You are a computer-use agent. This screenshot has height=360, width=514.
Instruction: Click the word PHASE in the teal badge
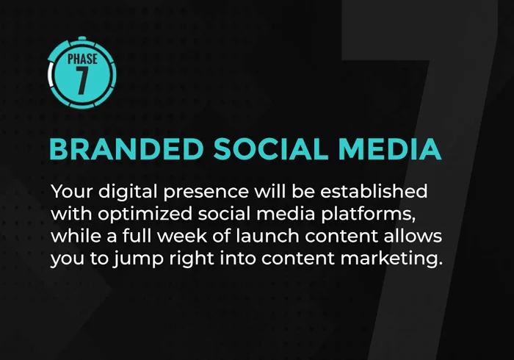pyautogui.click(x=82, y=59)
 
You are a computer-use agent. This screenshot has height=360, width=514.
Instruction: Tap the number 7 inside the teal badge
pyautogui.click(x=82, y=80)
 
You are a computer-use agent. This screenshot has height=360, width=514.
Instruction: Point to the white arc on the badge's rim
pyautogui.click(x=50, y=75)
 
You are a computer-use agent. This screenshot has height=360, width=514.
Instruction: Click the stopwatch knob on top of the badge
pyautogui.click(x=82, y=38)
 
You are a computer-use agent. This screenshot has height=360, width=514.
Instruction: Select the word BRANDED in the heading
pyautogui.click(x=126, y=149)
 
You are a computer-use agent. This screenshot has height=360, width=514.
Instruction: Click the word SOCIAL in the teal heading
pyautogui.click(x=270, y=149)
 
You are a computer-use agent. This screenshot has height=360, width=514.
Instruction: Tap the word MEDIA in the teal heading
pyautogui.click(x=389, y=149)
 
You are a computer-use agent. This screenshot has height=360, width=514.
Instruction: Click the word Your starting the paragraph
pyautogui.click(x=72, y=191)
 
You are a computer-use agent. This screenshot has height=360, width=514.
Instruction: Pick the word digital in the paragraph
pyautogui.click(x=128, y=192)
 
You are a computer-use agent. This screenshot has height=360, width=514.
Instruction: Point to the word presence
pyautogui.click(x=206, y=192)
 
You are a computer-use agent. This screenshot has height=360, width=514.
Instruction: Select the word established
pyautogui.click(x=374, y=191)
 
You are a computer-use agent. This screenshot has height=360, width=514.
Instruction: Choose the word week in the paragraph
pyautogui.click(x=182, y=236)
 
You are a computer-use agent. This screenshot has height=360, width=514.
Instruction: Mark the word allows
pyautogui.click(x=413, y=236)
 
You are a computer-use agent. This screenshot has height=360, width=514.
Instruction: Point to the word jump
pyautogui.click(x=138, y=259)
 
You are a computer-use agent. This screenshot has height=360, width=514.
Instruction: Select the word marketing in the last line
pyautogui.click(x=391, y=259)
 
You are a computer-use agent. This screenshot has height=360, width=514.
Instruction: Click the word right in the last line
pyautogui.click(x=192, y=259)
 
